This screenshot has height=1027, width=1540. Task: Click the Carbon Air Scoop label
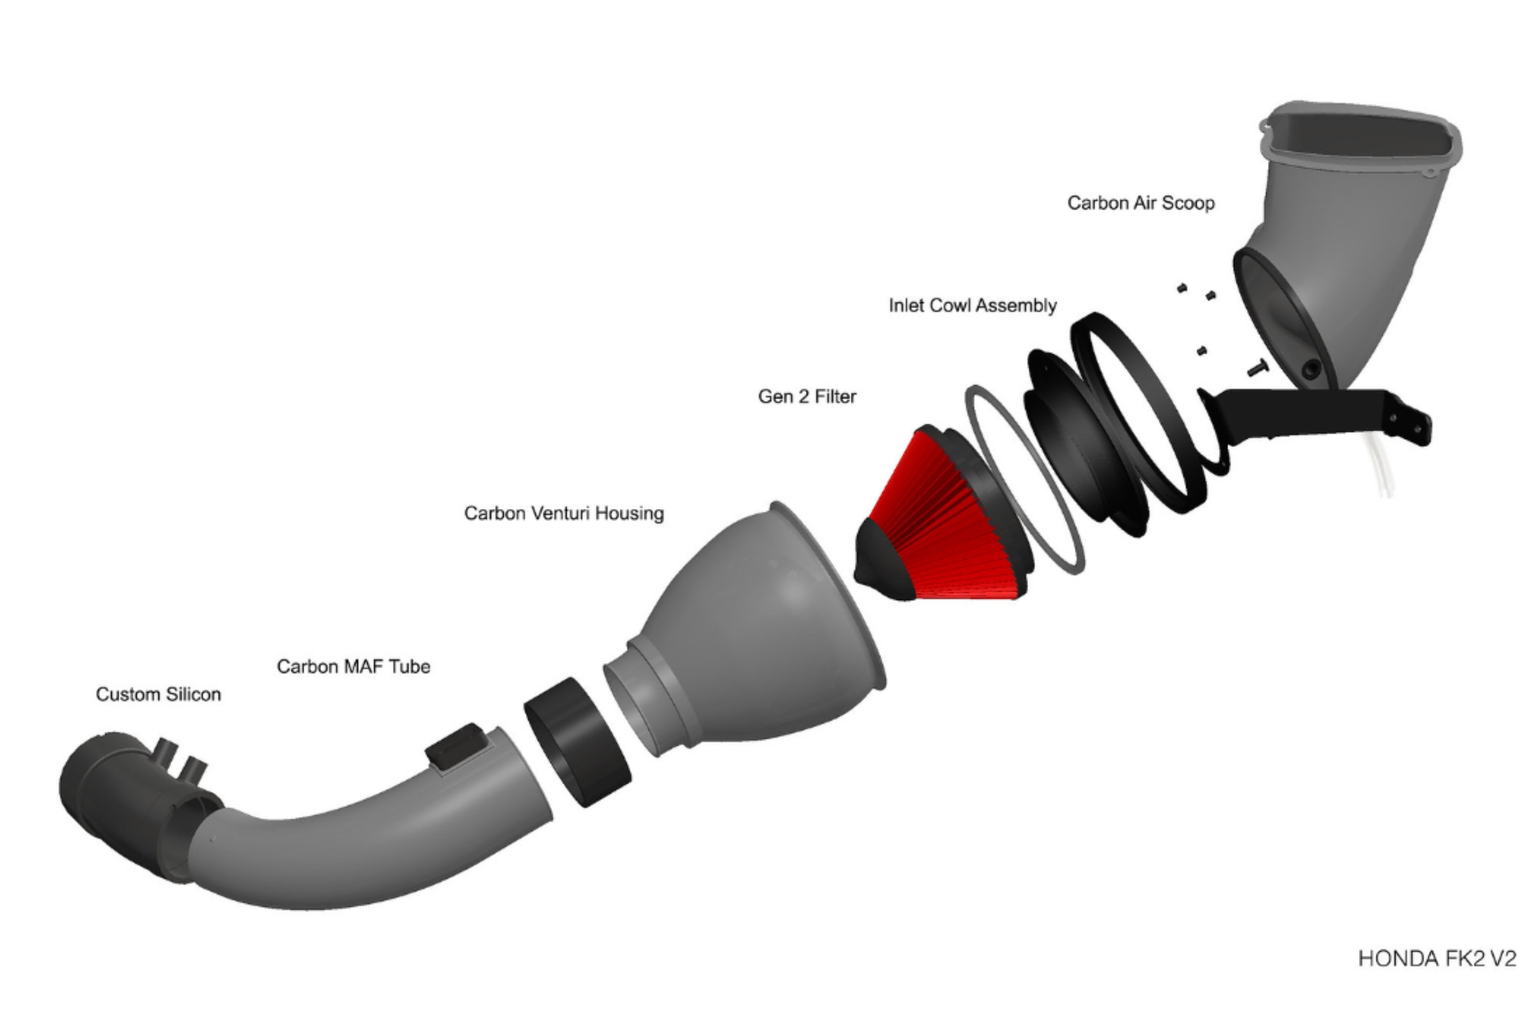(1141, 203)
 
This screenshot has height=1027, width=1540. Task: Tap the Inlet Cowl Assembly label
(972, 306)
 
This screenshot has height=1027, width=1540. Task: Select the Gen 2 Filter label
(807, 396)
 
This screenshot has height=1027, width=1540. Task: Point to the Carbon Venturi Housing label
(564, 513)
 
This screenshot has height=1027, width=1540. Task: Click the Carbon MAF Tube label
(354, 666)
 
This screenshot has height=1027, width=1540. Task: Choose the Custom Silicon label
(158, 694)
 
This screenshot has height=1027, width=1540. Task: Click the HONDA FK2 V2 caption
(1437, 959)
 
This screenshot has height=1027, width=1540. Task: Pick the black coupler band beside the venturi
(576, 742)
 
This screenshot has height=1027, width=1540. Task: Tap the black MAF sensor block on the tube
(457, 746)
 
